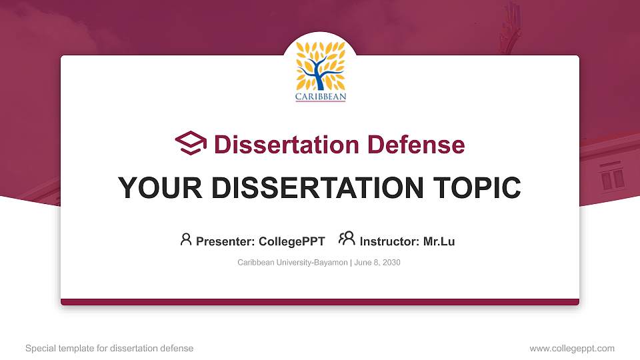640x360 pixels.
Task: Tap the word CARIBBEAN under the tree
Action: [x=321, y=97]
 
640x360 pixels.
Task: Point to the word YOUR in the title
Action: [x=153, y=188]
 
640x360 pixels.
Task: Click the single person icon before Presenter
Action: [x=186, y=239]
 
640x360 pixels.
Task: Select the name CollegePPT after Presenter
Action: [x=291, y=241]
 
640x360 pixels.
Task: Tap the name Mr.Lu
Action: [x=439, y=241]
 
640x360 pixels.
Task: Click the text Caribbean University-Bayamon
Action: [x=292, y=263]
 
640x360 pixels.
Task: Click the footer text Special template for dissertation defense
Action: [x=109, y=348]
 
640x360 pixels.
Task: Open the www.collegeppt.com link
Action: [x=572, y=348]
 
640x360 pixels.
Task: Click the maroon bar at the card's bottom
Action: [x=320, y=302]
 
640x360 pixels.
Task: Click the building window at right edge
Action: [x=612, y=179]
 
